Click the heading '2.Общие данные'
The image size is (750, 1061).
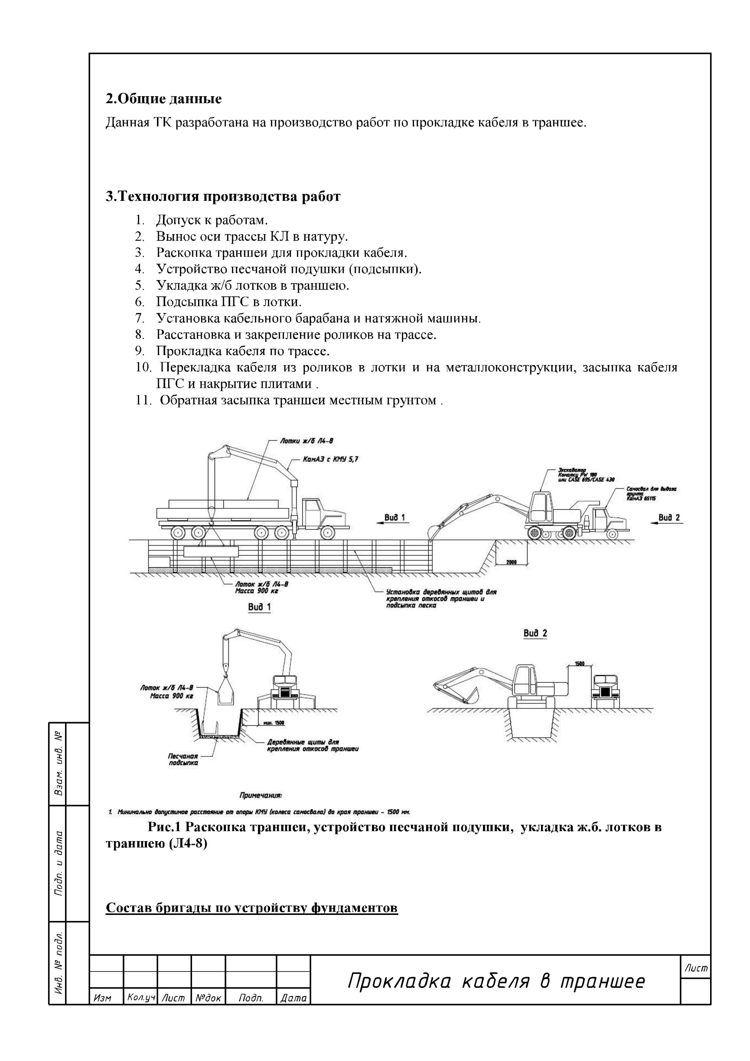tap(164, 99)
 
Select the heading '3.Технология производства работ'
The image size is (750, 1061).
tap(223, 197)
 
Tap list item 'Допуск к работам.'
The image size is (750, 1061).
tap(212, 220)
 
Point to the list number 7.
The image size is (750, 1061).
tap(140, 318)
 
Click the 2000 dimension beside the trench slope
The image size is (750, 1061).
tap(511, 562)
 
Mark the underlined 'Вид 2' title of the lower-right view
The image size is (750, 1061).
tap(535, 633)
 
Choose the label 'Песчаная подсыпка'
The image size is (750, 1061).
tap(184, 760)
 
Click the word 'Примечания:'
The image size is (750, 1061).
tap(261, 796)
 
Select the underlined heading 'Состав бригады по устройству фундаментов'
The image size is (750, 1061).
tap(251, 908)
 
